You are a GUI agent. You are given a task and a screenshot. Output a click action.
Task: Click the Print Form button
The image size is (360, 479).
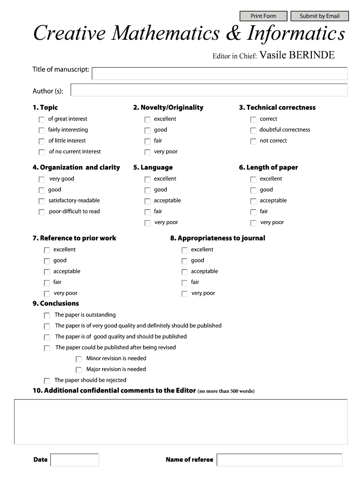[263, 16]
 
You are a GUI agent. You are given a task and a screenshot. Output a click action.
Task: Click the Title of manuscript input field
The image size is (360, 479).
[220, 73]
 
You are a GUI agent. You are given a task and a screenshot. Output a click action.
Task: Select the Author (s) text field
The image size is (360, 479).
[209, 90]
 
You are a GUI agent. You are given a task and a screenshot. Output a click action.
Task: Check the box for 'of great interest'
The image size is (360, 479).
[42, 120]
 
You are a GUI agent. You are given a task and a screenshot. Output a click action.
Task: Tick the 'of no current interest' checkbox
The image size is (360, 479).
[42, 152]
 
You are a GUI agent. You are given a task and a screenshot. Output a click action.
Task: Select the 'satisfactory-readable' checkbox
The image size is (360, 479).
[42, 202]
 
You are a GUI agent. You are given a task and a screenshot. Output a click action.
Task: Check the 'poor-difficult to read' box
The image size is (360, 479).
[42, 212]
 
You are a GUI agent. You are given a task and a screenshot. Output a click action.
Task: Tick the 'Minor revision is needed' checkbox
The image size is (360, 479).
[79, 359]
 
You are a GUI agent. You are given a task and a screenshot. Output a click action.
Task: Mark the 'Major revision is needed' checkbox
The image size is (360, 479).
[79, 370]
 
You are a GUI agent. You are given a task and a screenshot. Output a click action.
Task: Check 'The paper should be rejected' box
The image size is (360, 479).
[47, 381]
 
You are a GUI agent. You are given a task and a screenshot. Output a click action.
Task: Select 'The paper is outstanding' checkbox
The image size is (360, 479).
[47, 316]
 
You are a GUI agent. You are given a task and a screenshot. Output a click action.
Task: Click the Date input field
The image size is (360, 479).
[74, 460]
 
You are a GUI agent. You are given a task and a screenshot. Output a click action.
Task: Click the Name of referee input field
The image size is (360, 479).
[279, 460]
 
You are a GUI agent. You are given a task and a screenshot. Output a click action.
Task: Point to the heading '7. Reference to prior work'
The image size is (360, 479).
[74, 238]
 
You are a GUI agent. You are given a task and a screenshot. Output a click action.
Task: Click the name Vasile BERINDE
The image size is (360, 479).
[297, 56]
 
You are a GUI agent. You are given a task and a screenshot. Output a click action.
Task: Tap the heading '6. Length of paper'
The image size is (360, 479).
[268, 167]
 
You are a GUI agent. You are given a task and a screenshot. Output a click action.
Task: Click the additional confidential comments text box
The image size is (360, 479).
[180, 421]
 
